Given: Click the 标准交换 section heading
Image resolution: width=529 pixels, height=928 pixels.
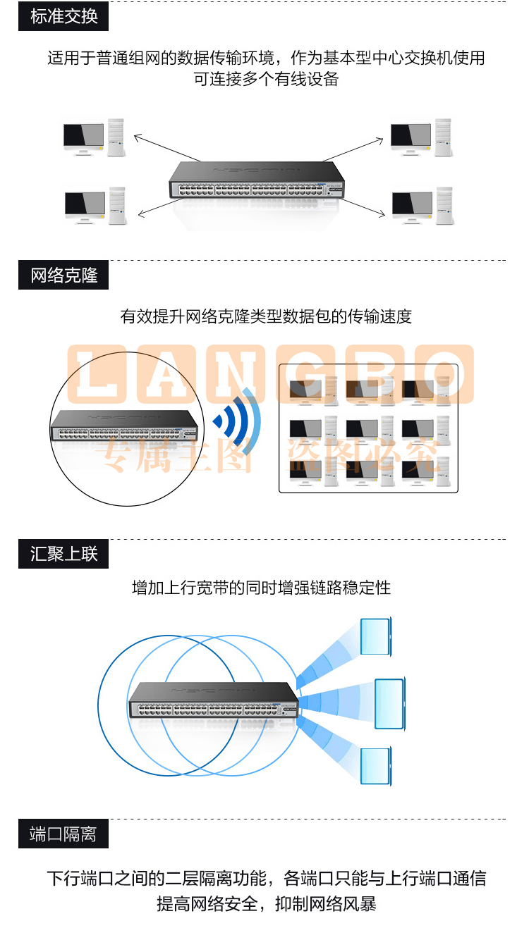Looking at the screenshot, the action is pyautogui.click(x=63, y=16).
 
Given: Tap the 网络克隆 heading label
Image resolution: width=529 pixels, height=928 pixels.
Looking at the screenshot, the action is pyautogui.click(x=63, y=275).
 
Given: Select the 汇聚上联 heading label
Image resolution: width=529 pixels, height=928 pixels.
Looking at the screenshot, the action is pyautogui.click(x=63, y=554).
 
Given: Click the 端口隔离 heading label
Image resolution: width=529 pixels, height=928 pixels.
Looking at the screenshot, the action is pyautogui.click(x=63, y=834).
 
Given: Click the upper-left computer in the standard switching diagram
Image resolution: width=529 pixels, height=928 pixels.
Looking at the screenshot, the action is pyautogui.click(x=94, y=137).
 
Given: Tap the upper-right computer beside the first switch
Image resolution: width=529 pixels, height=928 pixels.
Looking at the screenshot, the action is pyautogui.click(x=421, y=137).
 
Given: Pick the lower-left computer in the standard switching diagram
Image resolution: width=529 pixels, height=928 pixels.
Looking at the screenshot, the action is pyautogui.click(x=95, y=206).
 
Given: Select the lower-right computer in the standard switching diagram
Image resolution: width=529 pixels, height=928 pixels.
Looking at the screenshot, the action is pyautogui.click(x=422, y=206).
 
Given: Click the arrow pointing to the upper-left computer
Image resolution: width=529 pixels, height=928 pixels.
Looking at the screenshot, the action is pyautogui.click(x=167, y=148).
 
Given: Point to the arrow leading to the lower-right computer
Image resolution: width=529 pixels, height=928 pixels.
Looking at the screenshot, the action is pyautogui.click(x=363, y=207).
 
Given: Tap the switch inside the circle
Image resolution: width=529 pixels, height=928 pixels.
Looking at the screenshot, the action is pyautogui.click(x=124, y=426).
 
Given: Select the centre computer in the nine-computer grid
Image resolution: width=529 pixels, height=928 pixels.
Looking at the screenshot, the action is pyautogui.click(x=370, y=430).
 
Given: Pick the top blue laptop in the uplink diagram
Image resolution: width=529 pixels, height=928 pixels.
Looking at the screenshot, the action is pyautogui.click(x=376, y=637).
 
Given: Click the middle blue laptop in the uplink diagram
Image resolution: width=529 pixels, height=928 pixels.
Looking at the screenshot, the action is pyautogui.click(x=390, y=704).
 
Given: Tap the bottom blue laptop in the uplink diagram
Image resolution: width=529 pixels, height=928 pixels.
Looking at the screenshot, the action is pyautogui.click(x=376, y=767).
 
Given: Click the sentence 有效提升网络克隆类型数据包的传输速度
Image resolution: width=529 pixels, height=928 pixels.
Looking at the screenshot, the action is pyautogui.click(x=266, y=316).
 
